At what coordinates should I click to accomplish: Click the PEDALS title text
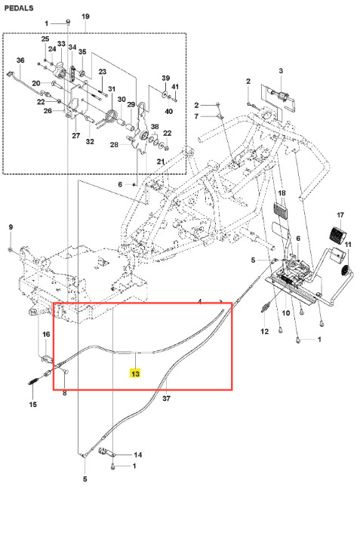(19, 8)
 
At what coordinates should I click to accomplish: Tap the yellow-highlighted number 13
(135, 374)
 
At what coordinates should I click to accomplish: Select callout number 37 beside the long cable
(166, 398)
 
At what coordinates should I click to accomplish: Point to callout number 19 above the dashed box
(85, 17)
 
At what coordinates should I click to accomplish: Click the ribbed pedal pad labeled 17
(337, 234)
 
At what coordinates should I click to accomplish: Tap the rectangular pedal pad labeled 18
(280, 212)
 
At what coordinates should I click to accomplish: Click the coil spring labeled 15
(32, 382)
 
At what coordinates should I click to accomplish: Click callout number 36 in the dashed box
(20, 60)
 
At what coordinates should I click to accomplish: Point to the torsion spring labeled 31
(110, 116)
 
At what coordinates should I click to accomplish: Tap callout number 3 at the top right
(281, 71)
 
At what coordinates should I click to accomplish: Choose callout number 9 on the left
(11, 227)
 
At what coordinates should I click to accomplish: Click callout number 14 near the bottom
(137, 454)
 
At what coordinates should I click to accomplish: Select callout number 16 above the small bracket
(46, 334)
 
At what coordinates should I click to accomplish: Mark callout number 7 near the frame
(196, 116)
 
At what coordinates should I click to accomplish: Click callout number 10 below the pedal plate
(286, 313)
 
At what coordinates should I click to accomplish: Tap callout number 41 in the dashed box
(175, 87)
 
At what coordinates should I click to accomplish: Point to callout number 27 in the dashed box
(75, 136)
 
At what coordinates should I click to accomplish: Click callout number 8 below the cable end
(65, 393)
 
